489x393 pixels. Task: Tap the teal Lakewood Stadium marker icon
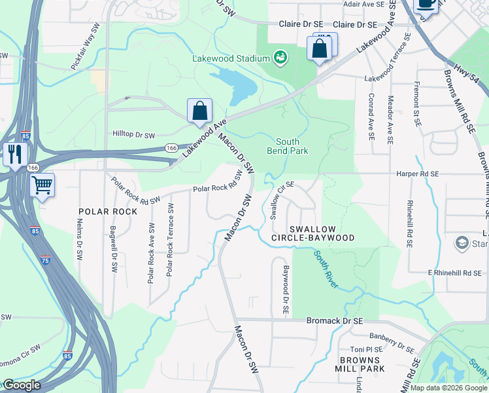tap(280, 58)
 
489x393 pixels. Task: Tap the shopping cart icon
tap(42, 185)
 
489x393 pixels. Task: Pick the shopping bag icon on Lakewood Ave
tap(199, 111)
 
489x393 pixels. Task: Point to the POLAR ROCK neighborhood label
tap(108, 212)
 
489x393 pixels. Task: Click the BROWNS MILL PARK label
tap(360, 365)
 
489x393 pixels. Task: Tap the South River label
tap(326, 269)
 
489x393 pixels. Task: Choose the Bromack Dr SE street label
tap(334, 321)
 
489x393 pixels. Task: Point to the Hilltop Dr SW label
tap(133, 135)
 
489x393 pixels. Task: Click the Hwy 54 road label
tap(462, 68)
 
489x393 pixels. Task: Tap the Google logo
tap(21, 385)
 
